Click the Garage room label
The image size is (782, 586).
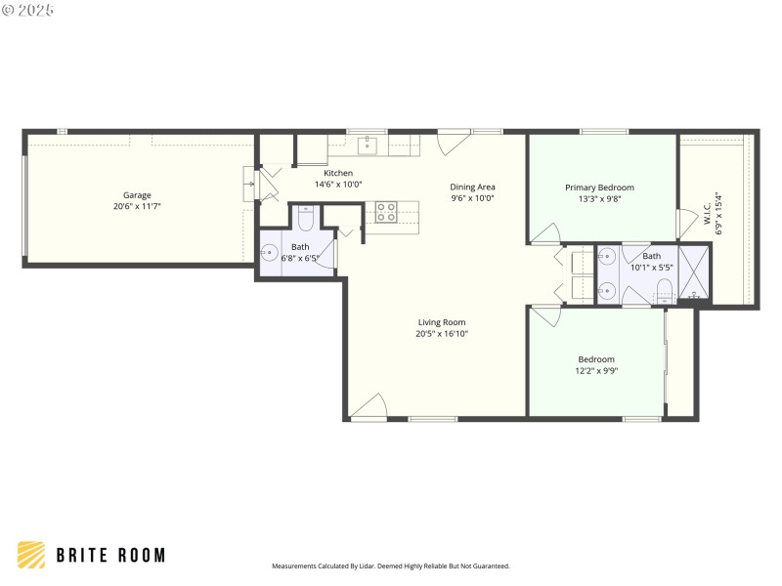[x=137, y=194]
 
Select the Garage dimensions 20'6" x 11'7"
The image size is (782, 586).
[x=137, y=206]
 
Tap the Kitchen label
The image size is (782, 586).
[x=338, y=173]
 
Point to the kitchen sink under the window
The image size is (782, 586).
[x=368, y=146]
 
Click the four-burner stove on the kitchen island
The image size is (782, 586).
[x=385, y=212]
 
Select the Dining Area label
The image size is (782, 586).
[x=472, y=187]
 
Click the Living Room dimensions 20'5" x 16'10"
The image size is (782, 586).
[x=442, y=333]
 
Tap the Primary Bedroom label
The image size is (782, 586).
[x=599, y=188]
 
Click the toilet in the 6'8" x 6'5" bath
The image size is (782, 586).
[x=303, y=219]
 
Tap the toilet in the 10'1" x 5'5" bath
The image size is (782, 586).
[x=664, y=289]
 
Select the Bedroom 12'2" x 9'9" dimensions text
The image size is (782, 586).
[x=596, y=370]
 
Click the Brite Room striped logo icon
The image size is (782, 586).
[x=31, y=555]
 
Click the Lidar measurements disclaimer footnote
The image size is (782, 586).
[x=390, y=565]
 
